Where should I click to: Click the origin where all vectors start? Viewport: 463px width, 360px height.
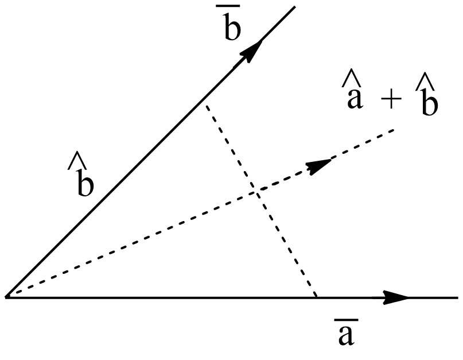click(x=6, y=297)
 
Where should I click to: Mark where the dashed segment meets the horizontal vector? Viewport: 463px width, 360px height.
click(x=317, y=297)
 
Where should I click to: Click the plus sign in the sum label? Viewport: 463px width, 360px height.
click(x=392, y=101)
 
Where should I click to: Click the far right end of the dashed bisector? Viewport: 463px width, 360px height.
click(x=395, y=130)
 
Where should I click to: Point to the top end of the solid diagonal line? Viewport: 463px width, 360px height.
click(x=294, y=7)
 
